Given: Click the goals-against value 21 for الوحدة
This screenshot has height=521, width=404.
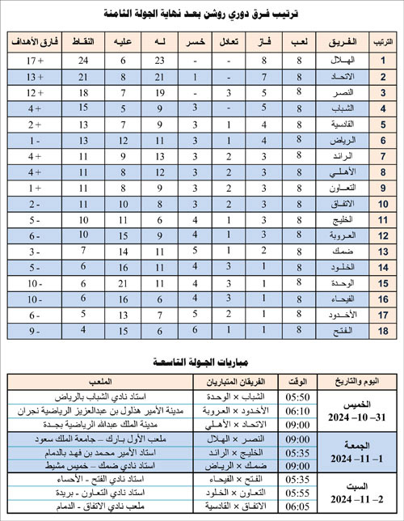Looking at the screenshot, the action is (x=124, y=284).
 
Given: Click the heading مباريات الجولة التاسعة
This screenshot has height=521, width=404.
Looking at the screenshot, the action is (x=202, y=361).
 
